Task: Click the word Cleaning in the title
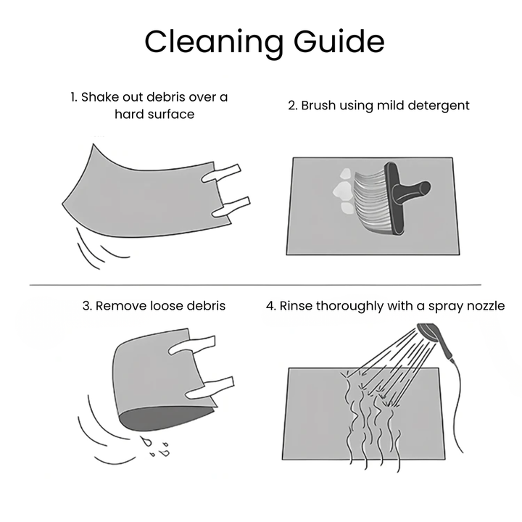click(214, 41)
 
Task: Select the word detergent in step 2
click(439, 106)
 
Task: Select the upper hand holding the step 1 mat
click(220, 173)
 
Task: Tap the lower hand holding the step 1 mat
click(231, 208)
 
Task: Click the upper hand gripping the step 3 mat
click(192, 346)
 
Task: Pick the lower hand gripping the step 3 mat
click(210, 387)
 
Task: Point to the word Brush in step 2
click(318, 105)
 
